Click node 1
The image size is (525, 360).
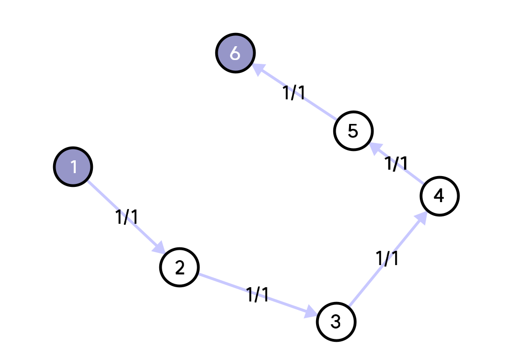(x=73, y=167)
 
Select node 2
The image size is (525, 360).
(x=179, y=268)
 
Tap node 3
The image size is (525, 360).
(x=336, y=322)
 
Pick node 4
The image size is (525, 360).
(x=439, y=196)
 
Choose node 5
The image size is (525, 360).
(x=353, y=131)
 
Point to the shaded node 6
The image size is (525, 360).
(x=235, y=53)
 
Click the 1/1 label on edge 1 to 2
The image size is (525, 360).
(x=127, y=217)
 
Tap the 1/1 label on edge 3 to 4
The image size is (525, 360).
(x=387, y=258)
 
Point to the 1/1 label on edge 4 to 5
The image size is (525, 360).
(x=396, y=163)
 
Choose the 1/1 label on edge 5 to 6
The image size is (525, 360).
(x=294, y=92)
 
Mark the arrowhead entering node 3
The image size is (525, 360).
(x=311, y=313)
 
